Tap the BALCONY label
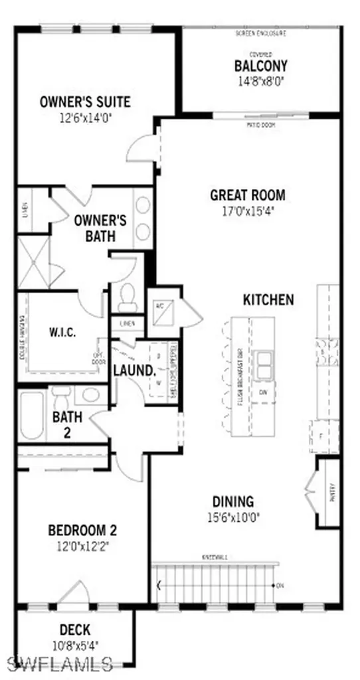coord(260,66)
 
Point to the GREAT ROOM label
coord(248,195)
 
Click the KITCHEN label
coord(268,299)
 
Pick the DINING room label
coord(232,502)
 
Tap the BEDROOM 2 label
coord(82,531)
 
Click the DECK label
coord(75,630)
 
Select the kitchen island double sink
coord(266,365)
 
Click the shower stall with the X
coord(33,262)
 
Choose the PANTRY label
coord(331,492)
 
